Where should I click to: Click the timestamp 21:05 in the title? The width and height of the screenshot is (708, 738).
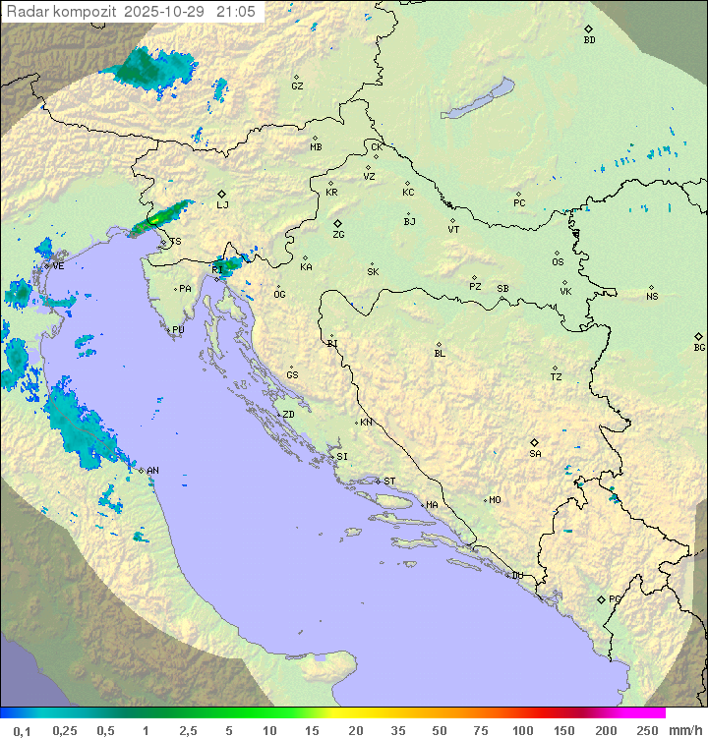click(x=236, y=11)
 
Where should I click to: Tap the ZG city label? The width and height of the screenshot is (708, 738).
click(x=338, y=235)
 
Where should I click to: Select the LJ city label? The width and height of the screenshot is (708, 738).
click(x=222, y=204)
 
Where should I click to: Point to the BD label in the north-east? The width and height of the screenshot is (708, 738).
click(x=589, y=40)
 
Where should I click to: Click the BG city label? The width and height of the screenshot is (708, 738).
click(x=699, y=347)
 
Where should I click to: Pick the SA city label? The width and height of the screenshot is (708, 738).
click(x=535, y=453)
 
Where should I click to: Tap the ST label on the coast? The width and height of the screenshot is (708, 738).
click(x=389, y=482)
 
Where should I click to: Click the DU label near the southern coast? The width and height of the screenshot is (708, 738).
click(x=516, y=576)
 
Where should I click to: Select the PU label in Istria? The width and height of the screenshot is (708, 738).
click(x=178, y=330)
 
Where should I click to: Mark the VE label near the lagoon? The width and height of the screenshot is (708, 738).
click(x=58, y=266)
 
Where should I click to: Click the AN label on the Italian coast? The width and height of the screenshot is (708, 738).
click(x=152, y=471)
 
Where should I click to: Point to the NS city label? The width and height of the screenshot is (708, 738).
click(x=652, y=297)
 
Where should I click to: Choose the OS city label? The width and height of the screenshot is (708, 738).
click(x=558, y=262)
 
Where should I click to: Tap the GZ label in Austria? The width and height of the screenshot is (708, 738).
click(x=297, y=85)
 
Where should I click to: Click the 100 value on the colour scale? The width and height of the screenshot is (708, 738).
click(x=522, y=730)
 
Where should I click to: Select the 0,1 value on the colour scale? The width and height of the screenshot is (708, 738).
click(x=22, y=730)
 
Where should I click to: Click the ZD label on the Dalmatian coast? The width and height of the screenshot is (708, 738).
click(x=288, y=415)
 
